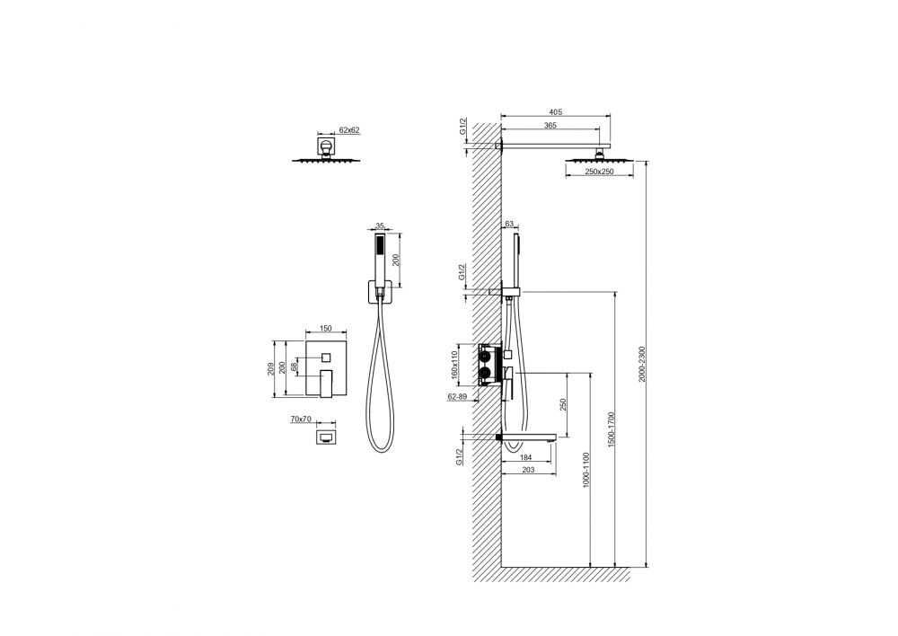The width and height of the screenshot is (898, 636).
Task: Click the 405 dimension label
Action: pyautogui.click(x=555, y=112)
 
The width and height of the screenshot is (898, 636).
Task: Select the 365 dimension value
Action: pyautogui.click(x=550, y=126)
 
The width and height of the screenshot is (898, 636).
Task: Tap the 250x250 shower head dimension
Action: pyautogui.click(x=600, y=172)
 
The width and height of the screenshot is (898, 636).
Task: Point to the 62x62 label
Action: pyautogui.click(x=349, y=130)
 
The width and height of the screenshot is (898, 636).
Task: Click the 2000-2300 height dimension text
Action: pyautogui.click(x=642, y=364)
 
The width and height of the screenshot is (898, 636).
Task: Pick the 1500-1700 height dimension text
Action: pyautogui.click(x=611, y=429)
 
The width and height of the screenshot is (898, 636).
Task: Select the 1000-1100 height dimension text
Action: pyautogui.click(x=585, y=470)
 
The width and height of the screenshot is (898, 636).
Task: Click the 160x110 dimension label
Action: pyautogui.click(x=455, y=365)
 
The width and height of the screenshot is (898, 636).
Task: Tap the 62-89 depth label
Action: pyautogui.click(x=457, y=396)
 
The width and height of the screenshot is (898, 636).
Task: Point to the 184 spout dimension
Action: pyautogui.click(x=525, y=457)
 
